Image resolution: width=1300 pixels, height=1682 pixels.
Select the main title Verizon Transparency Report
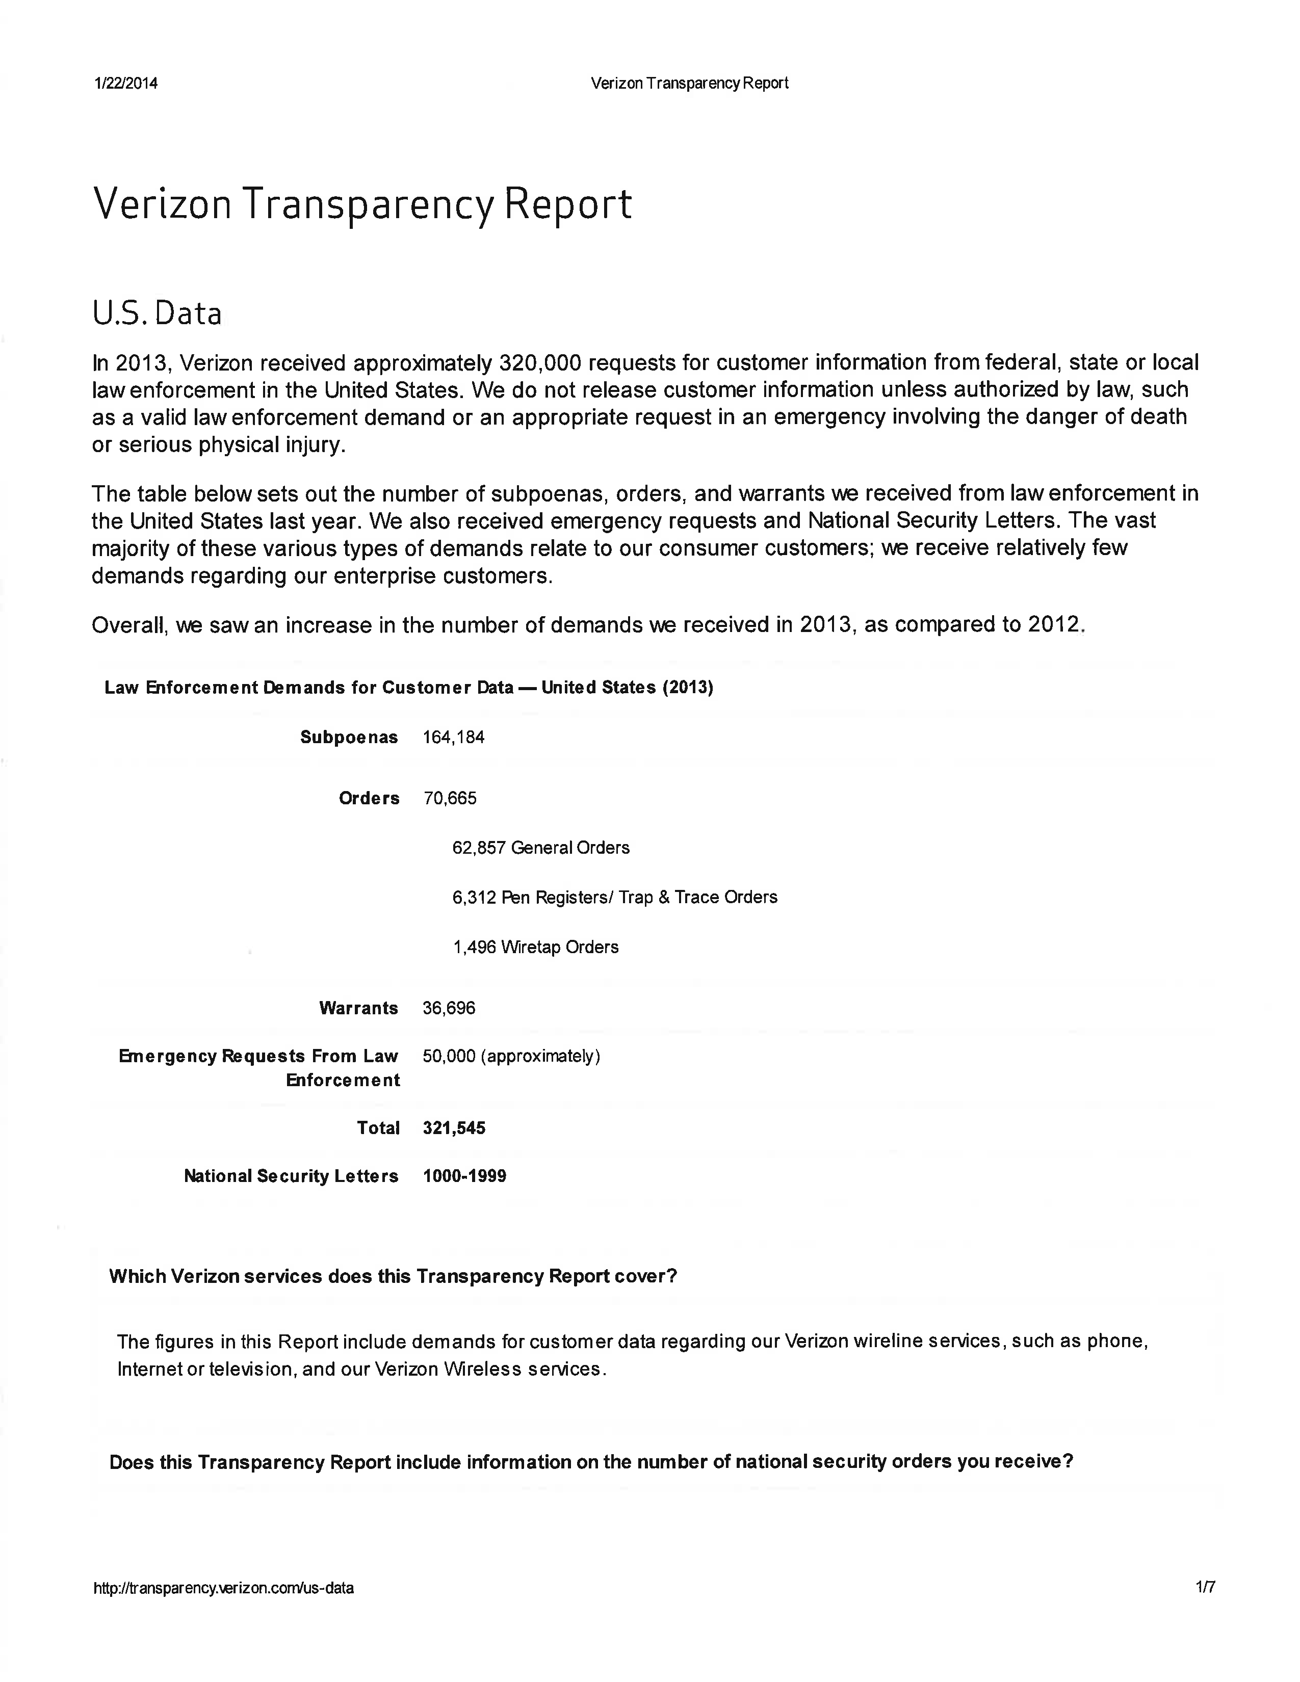(362, 205)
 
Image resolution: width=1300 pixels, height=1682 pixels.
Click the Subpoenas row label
(349, 737)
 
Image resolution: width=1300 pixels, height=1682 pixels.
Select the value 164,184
(454, 737)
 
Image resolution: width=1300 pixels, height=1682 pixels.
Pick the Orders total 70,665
(450, 798)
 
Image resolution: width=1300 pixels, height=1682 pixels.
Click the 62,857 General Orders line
(540, 848)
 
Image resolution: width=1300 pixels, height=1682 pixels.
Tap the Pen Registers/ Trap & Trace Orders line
(615, 897)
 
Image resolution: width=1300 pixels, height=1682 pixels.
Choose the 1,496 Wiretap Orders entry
(535, 948)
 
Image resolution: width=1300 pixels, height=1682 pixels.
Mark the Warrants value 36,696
(449, 1008)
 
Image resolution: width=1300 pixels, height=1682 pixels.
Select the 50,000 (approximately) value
(511, 1056)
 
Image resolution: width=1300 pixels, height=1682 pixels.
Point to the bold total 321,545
(454, 1128)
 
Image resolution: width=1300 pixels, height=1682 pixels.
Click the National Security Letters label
(291, 1176)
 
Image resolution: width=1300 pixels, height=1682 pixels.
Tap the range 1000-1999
(464, 1176)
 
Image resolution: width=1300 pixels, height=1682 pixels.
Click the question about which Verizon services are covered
(393, 1276)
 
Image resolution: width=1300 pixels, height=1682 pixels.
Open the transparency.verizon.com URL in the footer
(223, 1587)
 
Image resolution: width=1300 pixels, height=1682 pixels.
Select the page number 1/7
(1205, 1587)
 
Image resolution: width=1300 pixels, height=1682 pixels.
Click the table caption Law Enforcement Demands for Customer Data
(409, 688)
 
